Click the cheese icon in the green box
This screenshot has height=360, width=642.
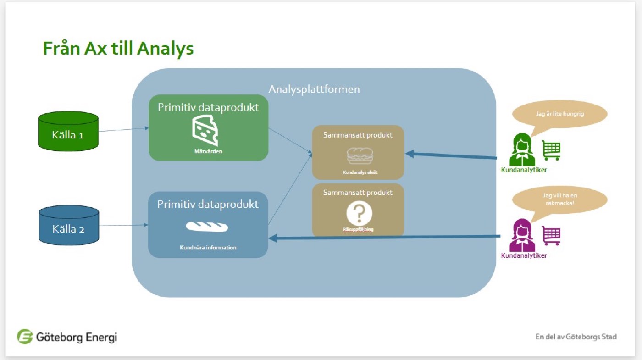tap(205, 130)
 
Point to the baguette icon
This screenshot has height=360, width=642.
tap(207, 227)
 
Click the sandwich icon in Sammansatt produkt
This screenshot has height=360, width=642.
tap(360, 156)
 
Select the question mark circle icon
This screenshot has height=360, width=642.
tap(359, 213)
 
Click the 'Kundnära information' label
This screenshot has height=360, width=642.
tap(208, 248)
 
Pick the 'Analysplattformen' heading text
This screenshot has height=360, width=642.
tap(314, 89)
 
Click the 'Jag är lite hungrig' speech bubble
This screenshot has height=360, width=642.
tap(559, 114)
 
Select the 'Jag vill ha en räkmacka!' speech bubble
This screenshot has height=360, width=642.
tap(559, 199)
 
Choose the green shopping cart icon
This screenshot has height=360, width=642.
tap(551, 150)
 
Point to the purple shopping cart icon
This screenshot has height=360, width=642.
tap(551, 235)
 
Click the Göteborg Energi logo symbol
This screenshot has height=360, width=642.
tap(25, 337)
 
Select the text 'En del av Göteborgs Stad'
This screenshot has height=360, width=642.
tap(576, 337)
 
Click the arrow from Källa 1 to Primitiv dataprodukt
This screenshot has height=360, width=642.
tap(123, 130)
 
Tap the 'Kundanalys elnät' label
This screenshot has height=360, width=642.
tap(358, 172)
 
